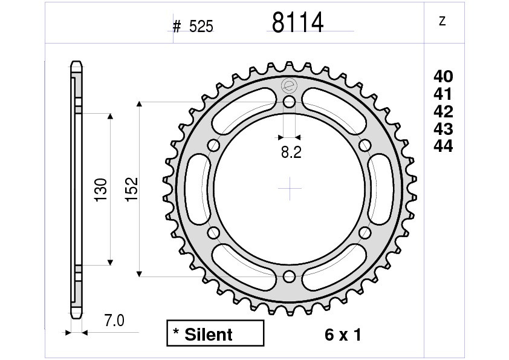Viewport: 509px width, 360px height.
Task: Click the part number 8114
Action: (297, 22)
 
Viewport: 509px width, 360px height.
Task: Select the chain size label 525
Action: (201, 26)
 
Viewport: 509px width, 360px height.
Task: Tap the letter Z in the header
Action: (442, 21)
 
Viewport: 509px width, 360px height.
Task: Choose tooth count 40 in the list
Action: (443, 76)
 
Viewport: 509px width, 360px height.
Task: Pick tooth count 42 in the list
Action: (443, 111)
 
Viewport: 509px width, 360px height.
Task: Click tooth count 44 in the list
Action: (443, 146)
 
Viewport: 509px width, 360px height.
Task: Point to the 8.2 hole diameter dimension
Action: (291, 152)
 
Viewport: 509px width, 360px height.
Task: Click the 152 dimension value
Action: (132, 189)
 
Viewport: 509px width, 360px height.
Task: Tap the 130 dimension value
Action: (100, 190)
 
